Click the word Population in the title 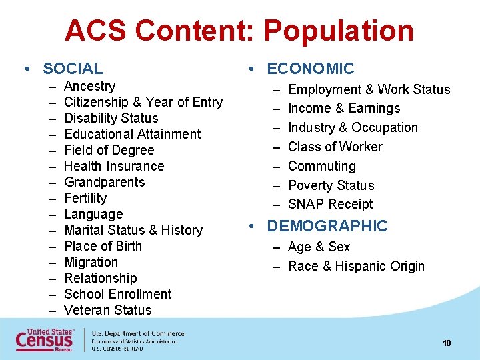[x=338, y=31]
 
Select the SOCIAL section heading [x=73, y=69]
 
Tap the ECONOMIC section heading [x=310, y=69]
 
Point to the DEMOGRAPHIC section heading [x=327, y=226]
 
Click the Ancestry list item [x=89, y=86]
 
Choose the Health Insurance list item [x=114, y=166]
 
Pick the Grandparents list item [x=104, y=182]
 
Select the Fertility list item [x=85, y=198]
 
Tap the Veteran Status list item [x=108, y=310]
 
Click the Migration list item [x=91, y=262]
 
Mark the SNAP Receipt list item [x=330, y=204]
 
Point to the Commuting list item [x=322, y=166]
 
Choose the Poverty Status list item [x=331, y=185]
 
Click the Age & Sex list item [x=319, y=247]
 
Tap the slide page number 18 [x=447, y=343]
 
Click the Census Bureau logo [x=46, y=339]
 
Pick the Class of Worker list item [x=335, y=147]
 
